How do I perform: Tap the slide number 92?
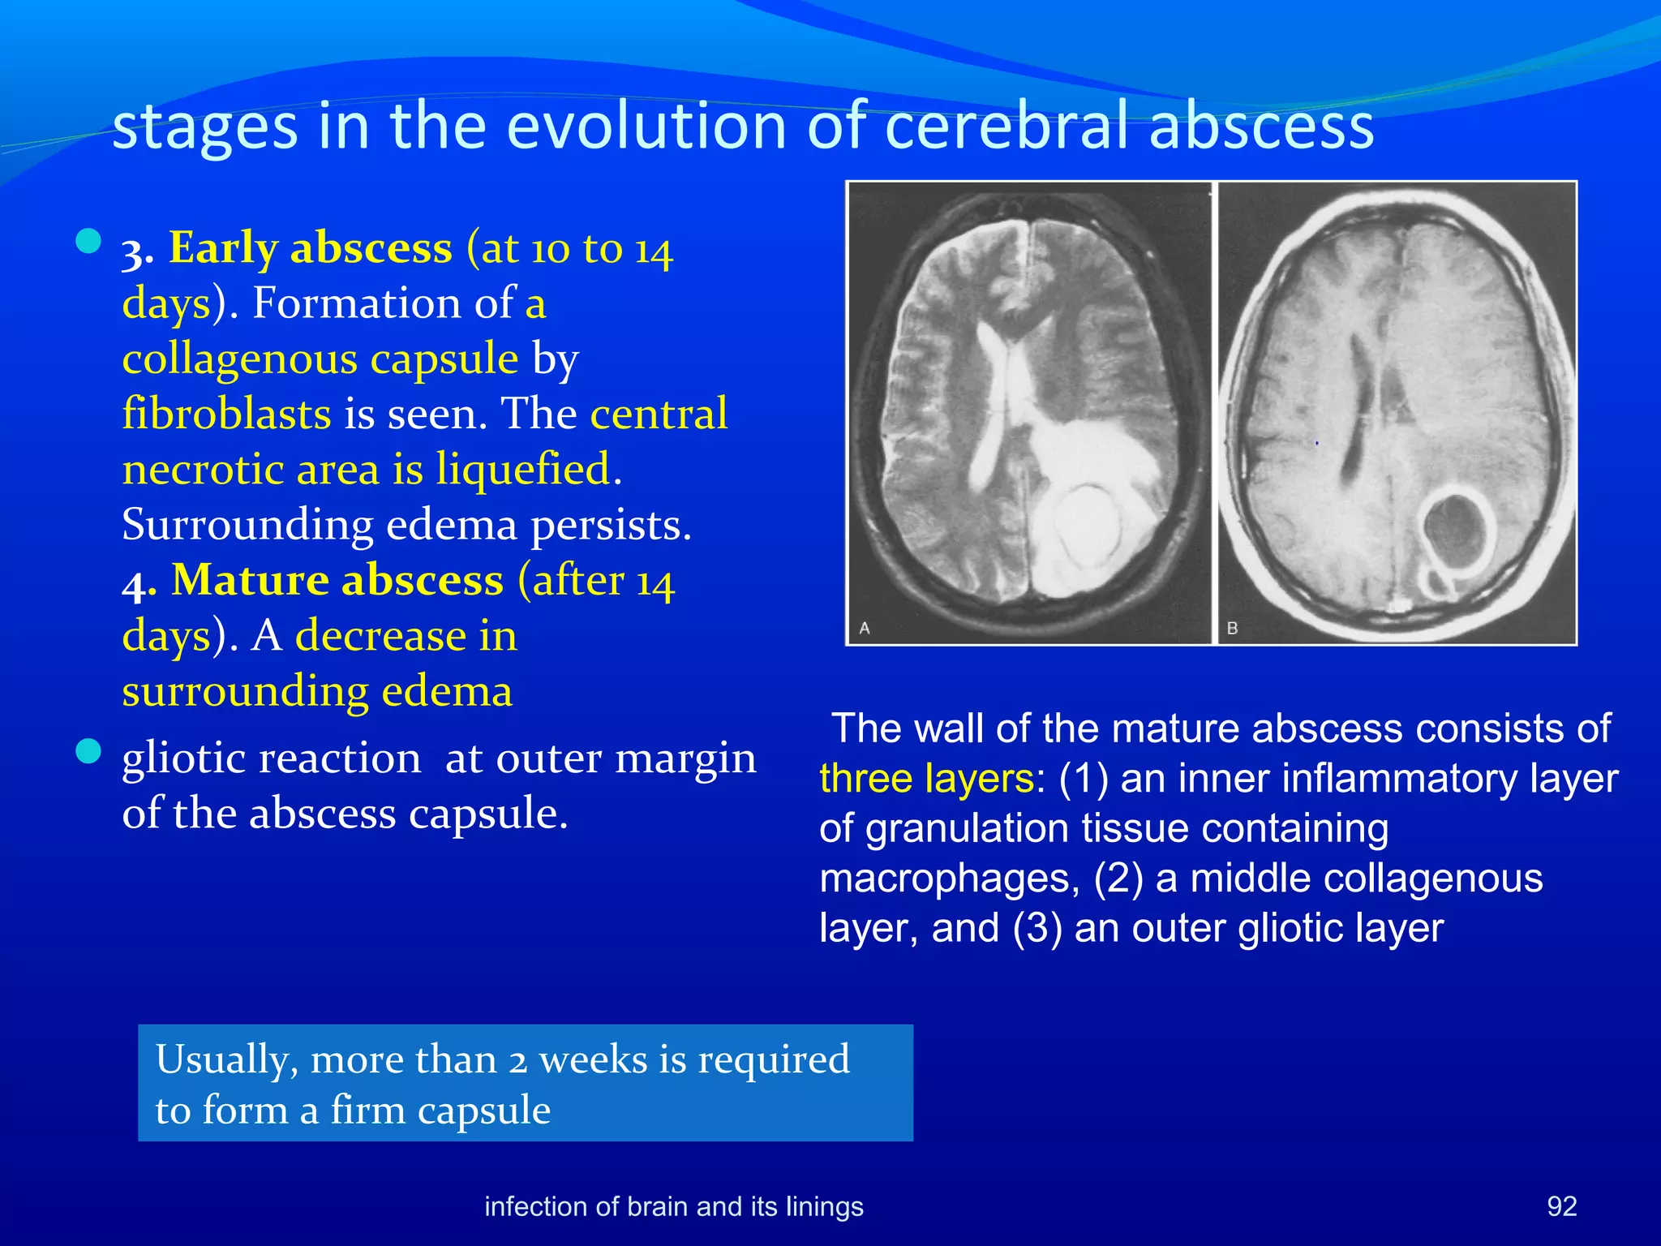click(1561, 1206)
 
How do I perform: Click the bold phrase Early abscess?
click(310, 247)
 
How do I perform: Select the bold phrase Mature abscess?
click(337, 580)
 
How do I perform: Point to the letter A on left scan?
click(865, 628)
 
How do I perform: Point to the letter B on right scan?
click(1232, 628)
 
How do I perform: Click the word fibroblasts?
click(226, 414)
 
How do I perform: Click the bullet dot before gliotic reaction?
click(88, 751)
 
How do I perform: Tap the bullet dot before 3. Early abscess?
click(88, 241)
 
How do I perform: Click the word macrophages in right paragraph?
click(948, 879)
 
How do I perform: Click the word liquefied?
click(522, 469)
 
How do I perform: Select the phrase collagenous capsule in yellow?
click(320, 359)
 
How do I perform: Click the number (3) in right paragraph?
click(1037, 928)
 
